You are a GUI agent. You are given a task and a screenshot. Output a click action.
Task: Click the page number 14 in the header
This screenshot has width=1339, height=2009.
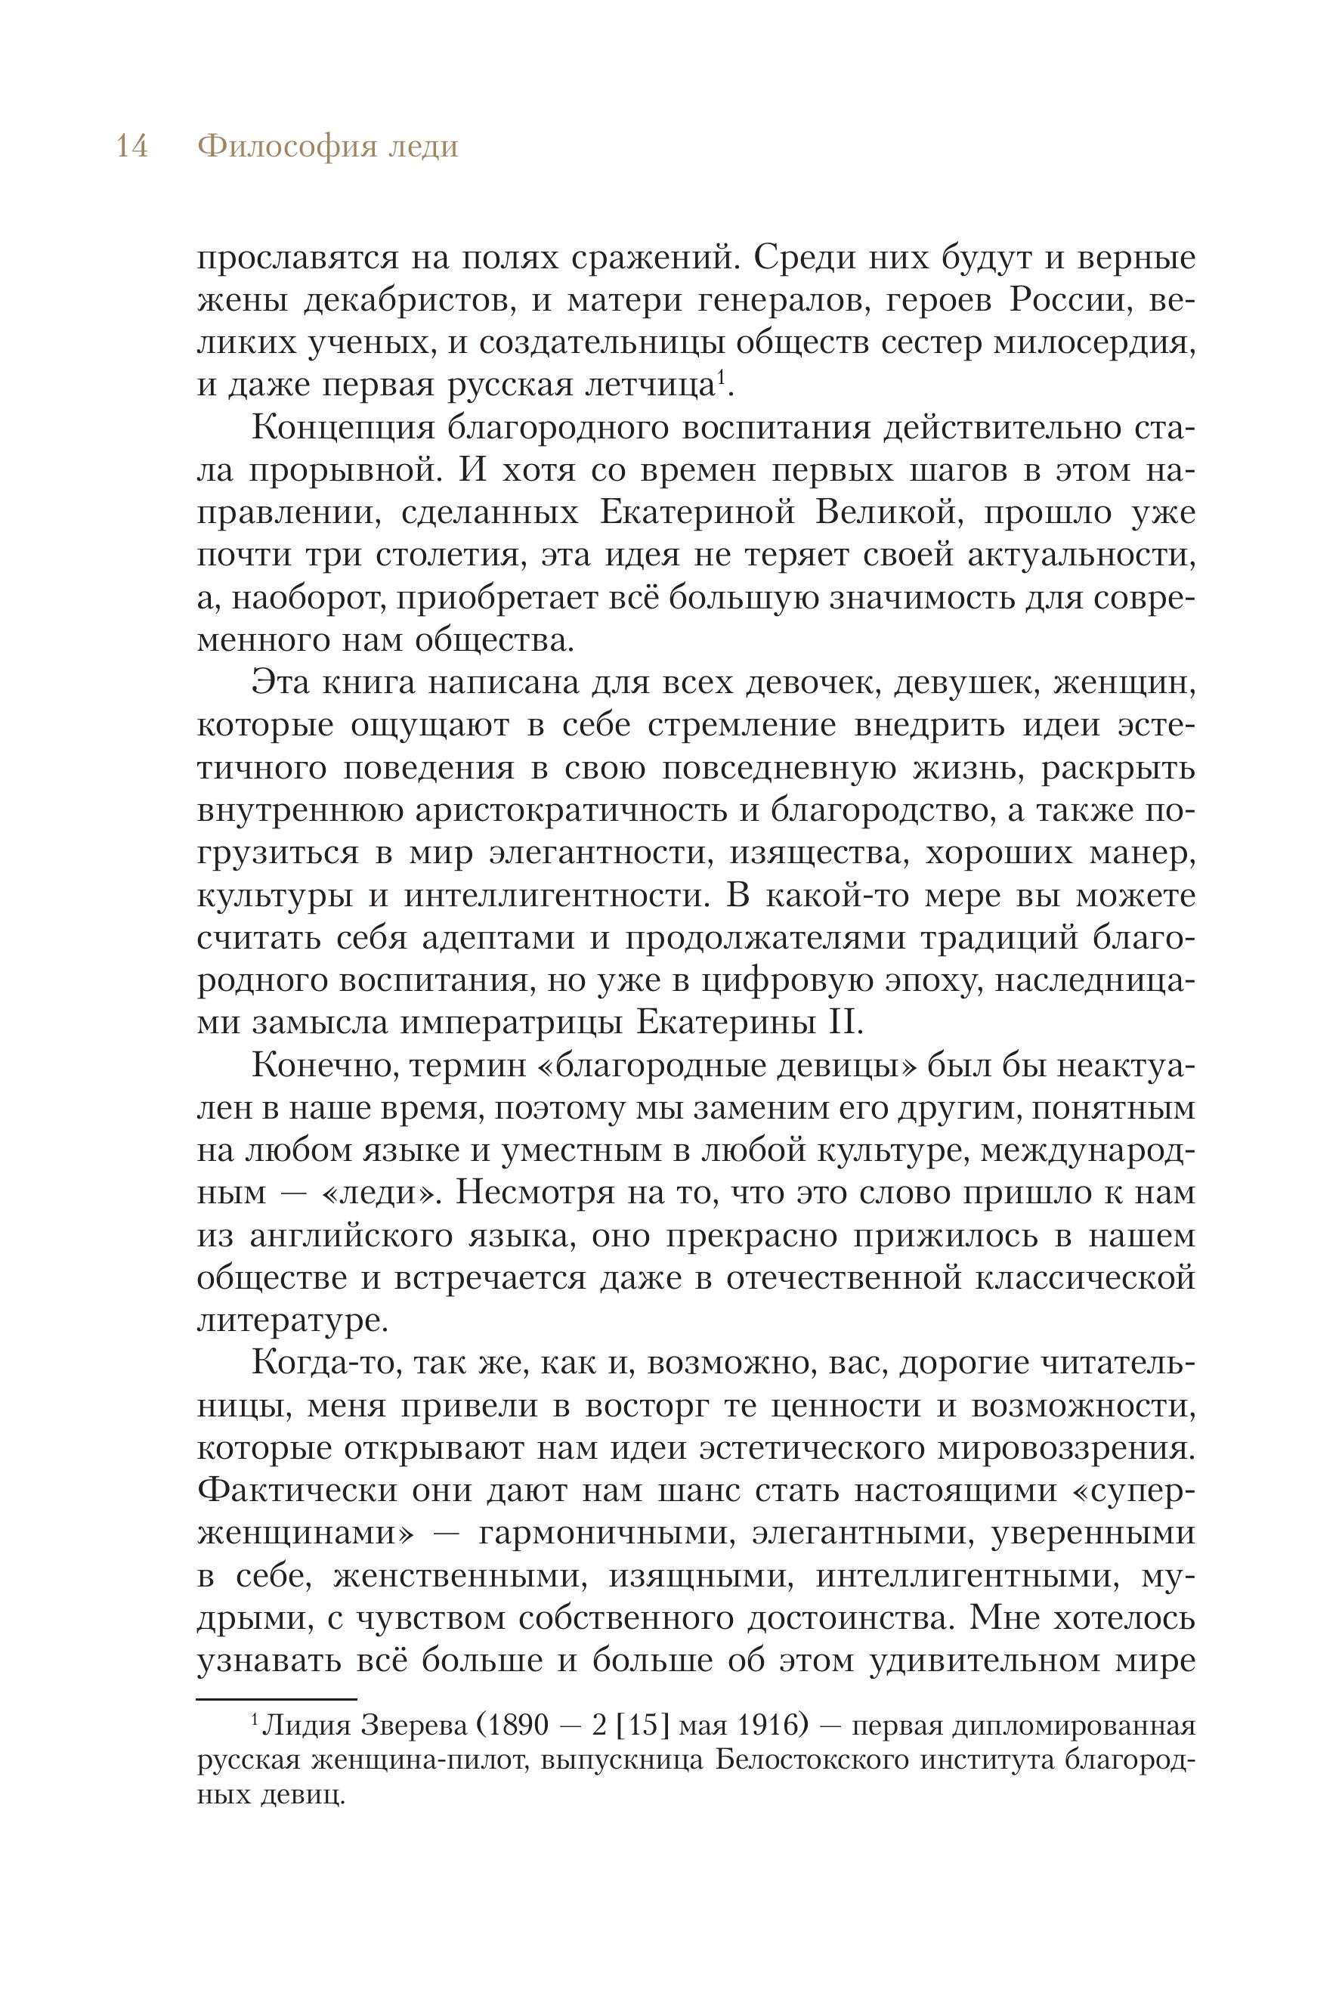click(132, 147)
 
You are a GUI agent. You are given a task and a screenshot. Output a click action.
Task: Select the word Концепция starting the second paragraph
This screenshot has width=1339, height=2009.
click(342, 428)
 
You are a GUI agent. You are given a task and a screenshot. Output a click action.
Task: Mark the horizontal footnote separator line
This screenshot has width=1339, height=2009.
click(277, 1700)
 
